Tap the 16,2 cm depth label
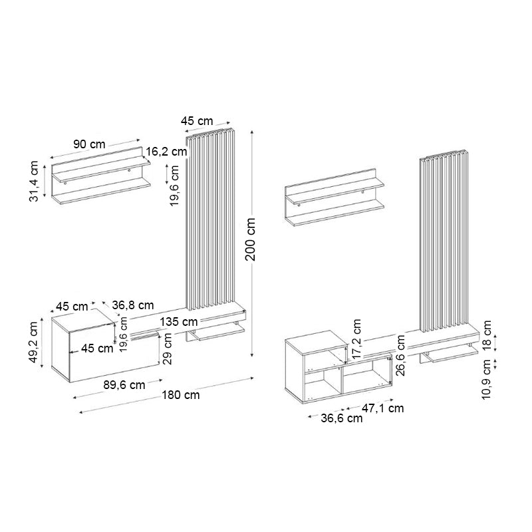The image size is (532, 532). click(x=167, y=152)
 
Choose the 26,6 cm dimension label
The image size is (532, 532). click(x=400, y=355)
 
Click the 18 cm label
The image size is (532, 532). click(x=487, y=334)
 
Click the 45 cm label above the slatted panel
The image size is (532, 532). click(x=197, y=120)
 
